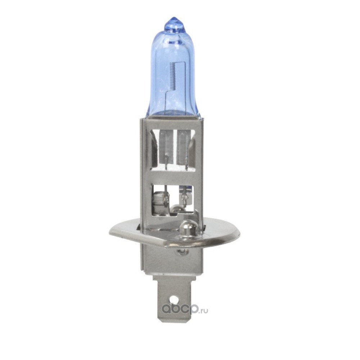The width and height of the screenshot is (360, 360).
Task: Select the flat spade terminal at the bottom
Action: (172, 300)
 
